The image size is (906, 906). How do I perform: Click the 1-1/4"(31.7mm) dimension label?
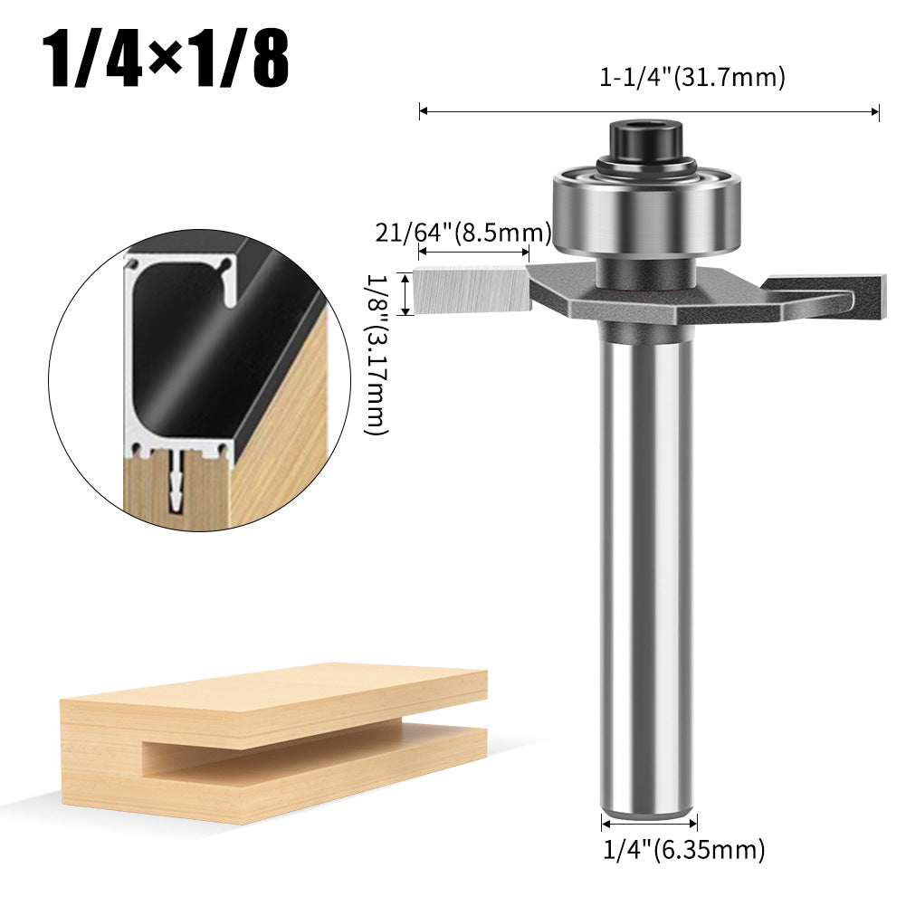[692, 78]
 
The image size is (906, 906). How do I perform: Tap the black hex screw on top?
[646, 140]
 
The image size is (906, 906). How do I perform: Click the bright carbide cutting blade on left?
[471, 290]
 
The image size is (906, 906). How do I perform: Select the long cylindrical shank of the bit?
[648, 561]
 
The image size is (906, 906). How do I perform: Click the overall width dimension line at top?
[648, 112]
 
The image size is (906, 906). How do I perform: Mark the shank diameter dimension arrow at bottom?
[649, 823]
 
